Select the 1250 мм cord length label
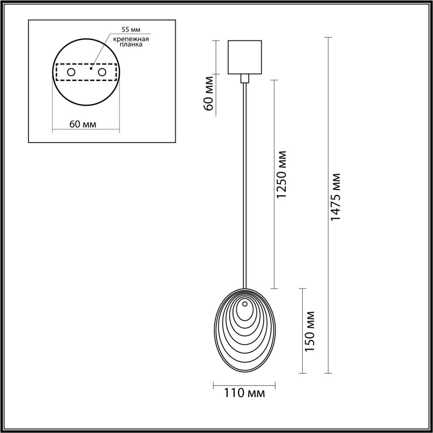click(281, 174)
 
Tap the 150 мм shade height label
click(309, 331)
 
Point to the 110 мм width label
click(244, 393)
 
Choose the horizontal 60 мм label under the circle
click(83, 124)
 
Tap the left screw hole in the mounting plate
click(71, 72)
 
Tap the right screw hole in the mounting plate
click(102, 72)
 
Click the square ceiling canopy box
click(245, 57)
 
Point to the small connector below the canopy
click(245, 78)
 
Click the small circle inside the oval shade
click(245, 304)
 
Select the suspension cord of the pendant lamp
click(245, 180)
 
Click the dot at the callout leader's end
click(92, 67)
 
